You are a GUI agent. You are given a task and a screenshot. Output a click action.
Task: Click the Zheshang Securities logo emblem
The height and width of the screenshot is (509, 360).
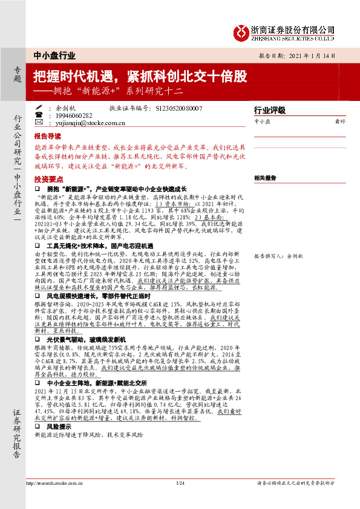[243, 31]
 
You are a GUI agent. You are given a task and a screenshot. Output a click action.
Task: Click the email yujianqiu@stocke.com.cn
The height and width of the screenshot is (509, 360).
[89, 123]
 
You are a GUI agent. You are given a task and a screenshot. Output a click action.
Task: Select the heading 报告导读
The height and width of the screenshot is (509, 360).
[48, 137]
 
